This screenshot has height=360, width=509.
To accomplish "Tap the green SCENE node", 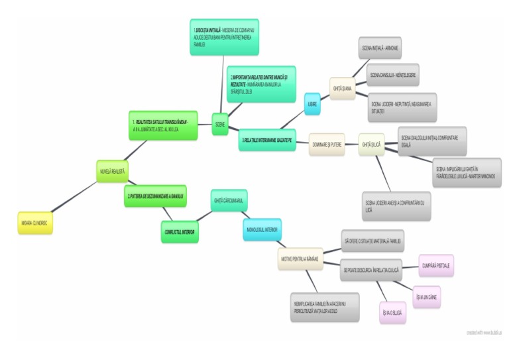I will pos(220,124).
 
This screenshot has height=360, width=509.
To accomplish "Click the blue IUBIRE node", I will pos(313,103).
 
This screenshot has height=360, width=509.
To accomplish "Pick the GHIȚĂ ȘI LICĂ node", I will pos(371,144).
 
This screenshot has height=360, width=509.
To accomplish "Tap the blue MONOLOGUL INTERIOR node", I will pos(262,229).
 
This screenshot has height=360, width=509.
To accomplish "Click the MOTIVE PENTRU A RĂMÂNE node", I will pos(300,261).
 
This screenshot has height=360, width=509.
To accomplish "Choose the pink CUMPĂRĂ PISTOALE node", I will pos(436,265).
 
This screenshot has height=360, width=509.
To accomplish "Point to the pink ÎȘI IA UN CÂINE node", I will pos(426,296).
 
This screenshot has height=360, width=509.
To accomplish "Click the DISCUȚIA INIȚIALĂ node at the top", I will pos(223,37).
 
